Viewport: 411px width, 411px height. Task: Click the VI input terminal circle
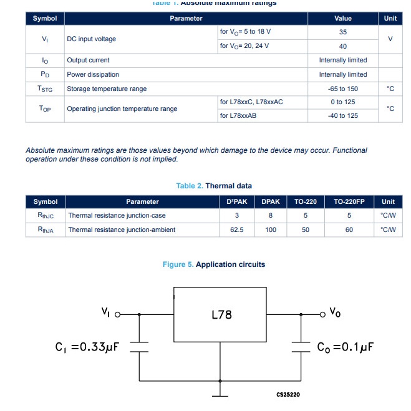117,315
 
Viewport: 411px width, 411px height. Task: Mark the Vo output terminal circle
323,314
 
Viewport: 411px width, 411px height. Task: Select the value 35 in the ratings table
342,32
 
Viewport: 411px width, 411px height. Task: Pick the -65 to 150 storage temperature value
342,89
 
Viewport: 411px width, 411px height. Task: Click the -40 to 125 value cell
342,115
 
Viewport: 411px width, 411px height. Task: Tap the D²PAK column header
236,201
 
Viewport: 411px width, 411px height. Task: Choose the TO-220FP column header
349,201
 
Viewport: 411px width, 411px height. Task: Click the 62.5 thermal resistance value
236,230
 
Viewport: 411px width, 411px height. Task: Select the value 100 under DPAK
271,230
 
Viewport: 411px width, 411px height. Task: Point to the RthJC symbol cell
46,216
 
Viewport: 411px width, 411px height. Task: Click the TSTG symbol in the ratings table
46,89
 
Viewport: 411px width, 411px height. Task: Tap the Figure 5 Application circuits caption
213,264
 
